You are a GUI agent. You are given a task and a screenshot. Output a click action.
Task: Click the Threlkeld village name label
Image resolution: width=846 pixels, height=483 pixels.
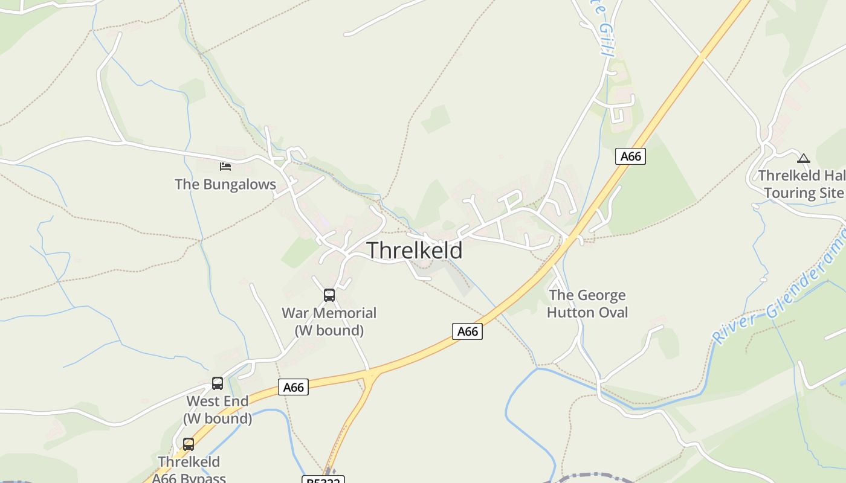(x=415, y=250)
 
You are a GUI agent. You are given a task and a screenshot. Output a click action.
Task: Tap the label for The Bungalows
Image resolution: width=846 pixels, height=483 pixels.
(x=225, y=184)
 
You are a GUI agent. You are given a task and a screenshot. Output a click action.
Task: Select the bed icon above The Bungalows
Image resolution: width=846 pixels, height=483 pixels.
(x=225, y=166)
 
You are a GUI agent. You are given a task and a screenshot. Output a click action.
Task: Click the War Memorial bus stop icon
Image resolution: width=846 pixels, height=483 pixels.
(x=329, y=295)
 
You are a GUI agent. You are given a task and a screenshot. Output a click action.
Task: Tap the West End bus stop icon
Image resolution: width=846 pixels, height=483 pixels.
(x=218, y=383)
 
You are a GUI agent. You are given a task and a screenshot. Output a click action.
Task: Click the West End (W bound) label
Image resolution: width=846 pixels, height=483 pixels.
(x=218, y=409)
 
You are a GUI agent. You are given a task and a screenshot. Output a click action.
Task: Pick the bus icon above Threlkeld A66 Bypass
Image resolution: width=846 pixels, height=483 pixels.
(x=189, y=444)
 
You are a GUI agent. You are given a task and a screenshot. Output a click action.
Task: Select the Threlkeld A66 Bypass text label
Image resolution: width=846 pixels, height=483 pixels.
(x=189, y=470)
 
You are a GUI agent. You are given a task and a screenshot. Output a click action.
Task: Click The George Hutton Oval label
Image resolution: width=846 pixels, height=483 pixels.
(x=587, y=304)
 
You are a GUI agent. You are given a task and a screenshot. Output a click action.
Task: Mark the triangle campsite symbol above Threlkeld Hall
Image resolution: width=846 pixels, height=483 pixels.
(x=803, y=159)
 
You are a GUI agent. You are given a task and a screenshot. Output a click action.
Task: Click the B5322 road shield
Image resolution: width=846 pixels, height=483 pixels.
(x=323, y=480)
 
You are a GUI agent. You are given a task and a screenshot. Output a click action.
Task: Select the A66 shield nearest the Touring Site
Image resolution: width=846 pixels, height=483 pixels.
(x=630, y=156)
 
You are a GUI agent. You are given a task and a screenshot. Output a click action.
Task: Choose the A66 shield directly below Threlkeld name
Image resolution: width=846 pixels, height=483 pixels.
(x=468, y=331)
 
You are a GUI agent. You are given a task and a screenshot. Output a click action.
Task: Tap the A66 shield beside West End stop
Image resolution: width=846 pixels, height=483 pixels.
(x=294, y=387)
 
